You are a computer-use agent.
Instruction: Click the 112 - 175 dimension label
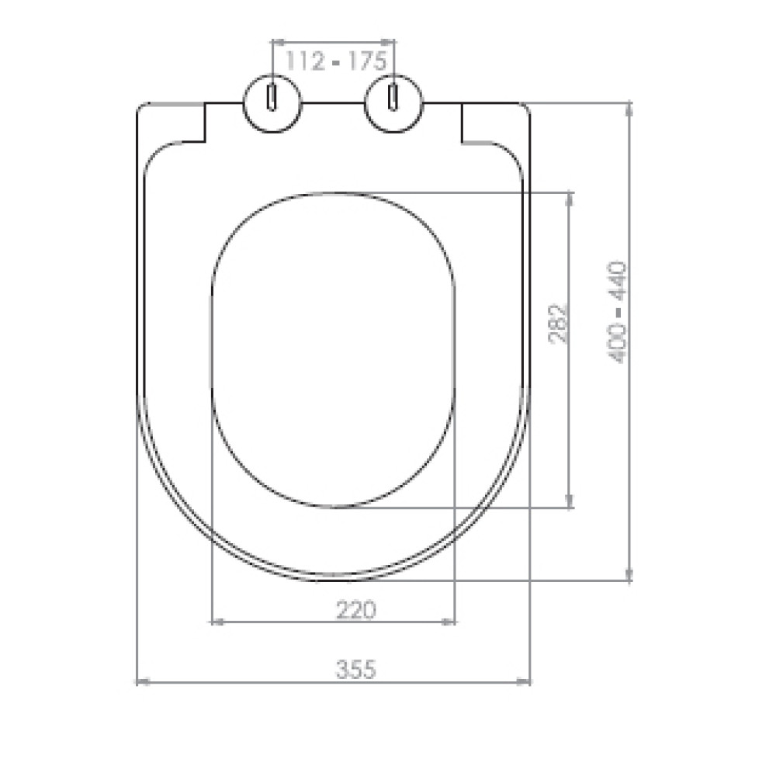(x=336, y=61)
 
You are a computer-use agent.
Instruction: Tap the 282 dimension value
(x=559, y=324)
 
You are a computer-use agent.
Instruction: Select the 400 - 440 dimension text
(x=618, y=313)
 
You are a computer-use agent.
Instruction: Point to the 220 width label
(x=356, y=610)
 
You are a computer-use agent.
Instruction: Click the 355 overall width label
(x=356, y=670)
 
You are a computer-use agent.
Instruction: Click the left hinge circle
(x=272, y=104)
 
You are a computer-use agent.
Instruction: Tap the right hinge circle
(x=394, y=104)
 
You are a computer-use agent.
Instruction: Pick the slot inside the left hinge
(x=272, y=97)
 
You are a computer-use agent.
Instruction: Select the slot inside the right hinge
(x=394, y=97)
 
